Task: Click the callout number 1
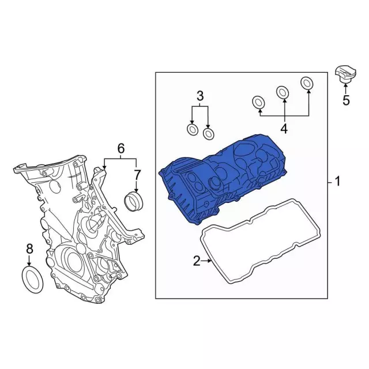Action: point(337,182)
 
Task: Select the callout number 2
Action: point(197,261)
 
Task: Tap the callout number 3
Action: point(200,96)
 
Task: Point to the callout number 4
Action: point(284,129)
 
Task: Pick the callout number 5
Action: point(346,100)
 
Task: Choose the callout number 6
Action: point(121,148)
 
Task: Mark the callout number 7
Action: point(137,175)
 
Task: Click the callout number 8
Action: point(29,249)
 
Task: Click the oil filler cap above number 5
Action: point(345,74)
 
